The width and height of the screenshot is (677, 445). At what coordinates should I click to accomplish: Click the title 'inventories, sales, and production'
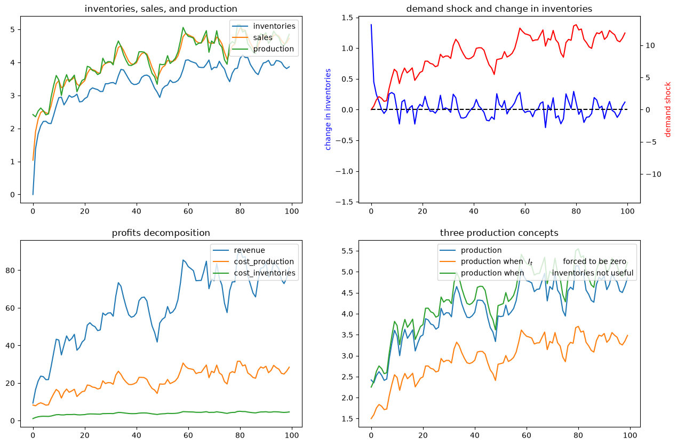point(161,9)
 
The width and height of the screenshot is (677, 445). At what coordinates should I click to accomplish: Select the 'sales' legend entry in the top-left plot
point(262,37)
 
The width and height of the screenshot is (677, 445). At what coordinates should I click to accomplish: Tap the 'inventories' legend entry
point(274,26)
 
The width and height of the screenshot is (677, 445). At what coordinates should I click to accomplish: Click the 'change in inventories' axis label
point(328,109)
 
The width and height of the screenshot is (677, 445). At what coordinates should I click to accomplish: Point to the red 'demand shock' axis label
point(667,109)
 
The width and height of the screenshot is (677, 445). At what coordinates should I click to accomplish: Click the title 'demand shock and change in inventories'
point(499,9)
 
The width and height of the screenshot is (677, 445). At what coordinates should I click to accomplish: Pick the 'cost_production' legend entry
point(264,261)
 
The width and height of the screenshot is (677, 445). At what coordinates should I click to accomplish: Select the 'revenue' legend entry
point(249,250)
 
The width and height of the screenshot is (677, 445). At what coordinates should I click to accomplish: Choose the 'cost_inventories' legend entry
point(265,273)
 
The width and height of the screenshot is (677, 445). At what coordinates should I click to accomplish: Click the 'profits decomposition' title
point(161,233)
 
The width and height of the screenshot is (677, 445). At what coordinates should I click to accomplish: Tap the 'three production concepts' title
point(499,233)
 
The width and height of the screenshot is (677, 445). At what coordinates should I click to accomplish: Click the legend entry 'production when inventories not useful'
point(547,273)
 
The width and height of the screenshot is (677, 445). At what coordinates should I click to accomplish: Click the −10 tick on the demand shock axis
point(654,174)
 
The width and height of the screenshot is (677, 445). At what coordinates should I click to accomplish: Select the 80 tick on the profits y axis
point(10,271)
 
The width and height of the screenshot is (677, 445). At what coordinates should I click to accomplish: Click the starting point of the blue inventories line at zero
point(33,194)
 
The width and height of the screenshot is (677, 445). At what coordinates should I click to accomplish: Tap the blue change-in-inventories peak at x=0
point(371,25)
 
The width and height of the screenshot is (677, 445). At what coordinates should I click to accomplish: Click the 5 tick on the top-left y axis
point(12,30)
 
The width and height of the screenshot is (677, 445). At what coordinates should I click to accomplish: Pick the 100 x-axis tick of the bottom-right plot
point(630,435)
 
